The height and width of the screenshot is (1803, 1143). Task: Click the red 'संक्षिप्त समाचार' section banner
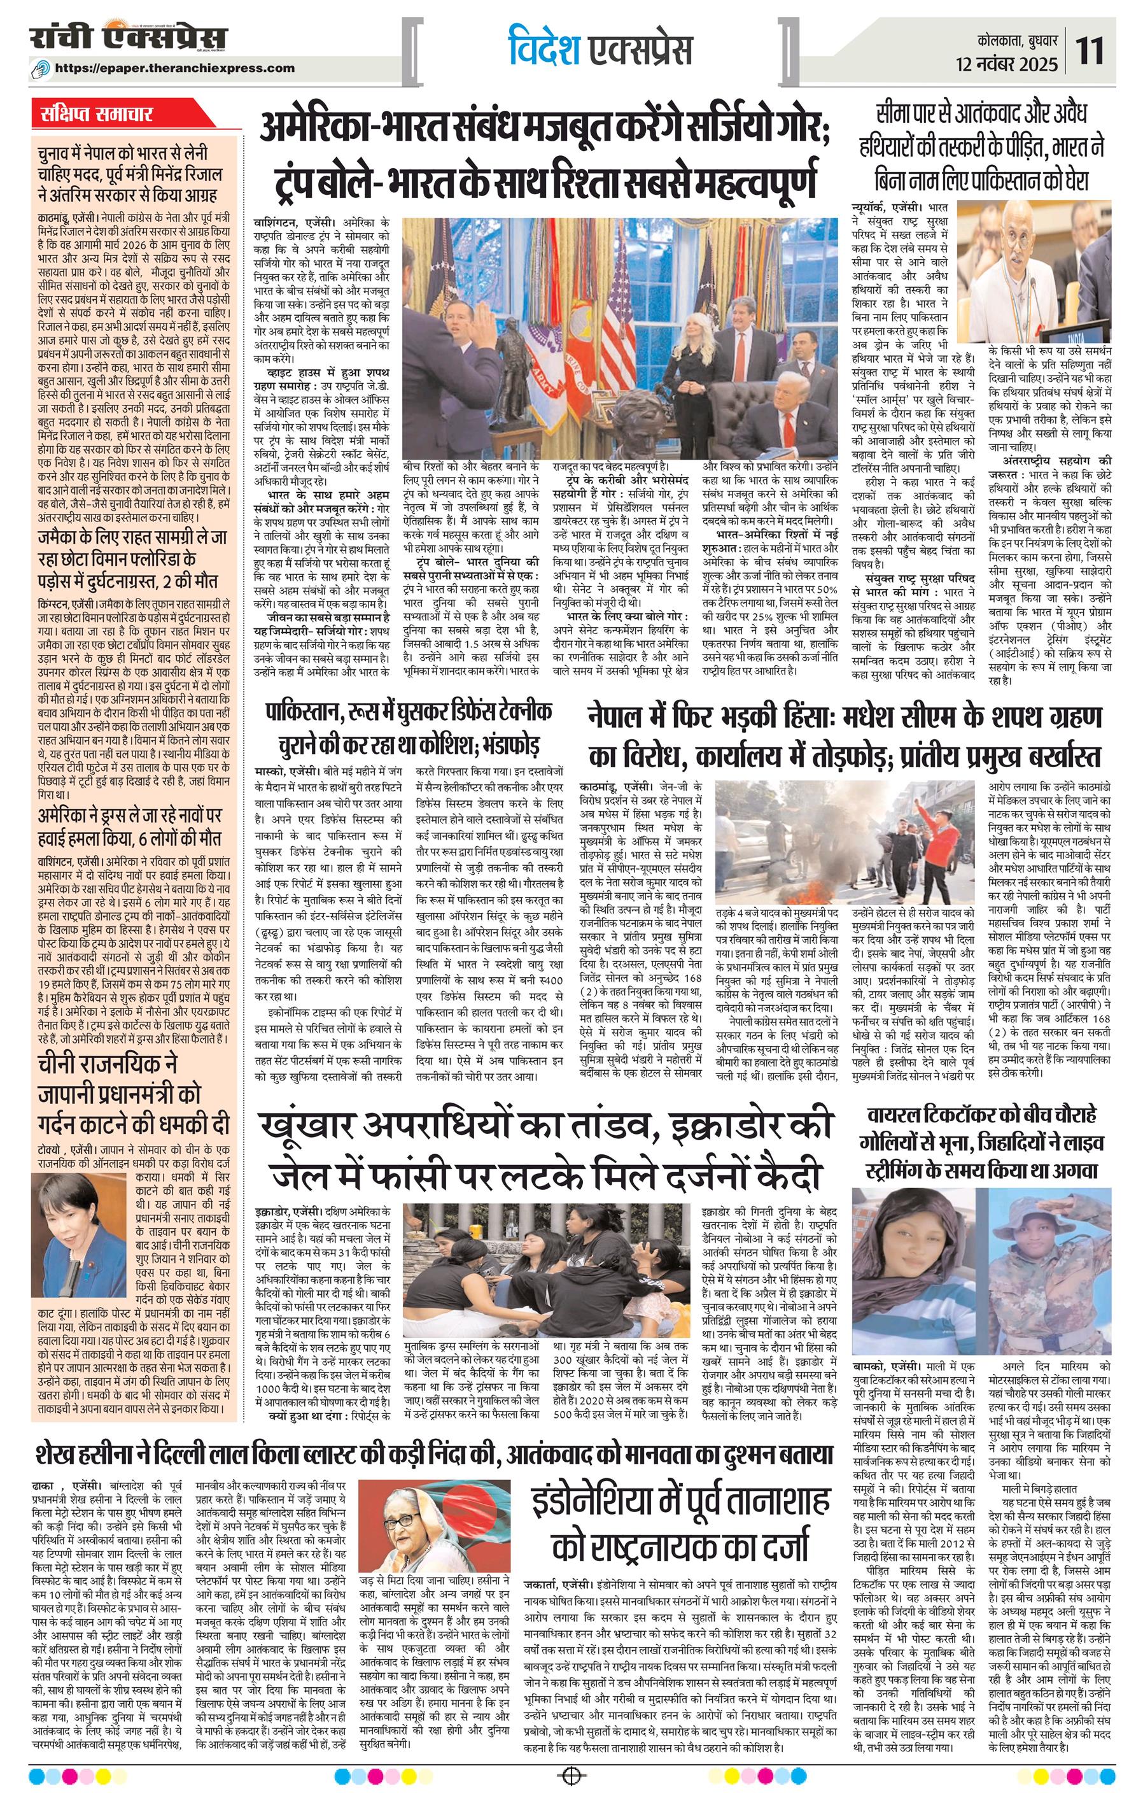pos(98,115)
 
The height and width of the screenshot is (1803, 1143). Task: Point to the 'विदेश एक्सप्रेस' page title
pos(599,48)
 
